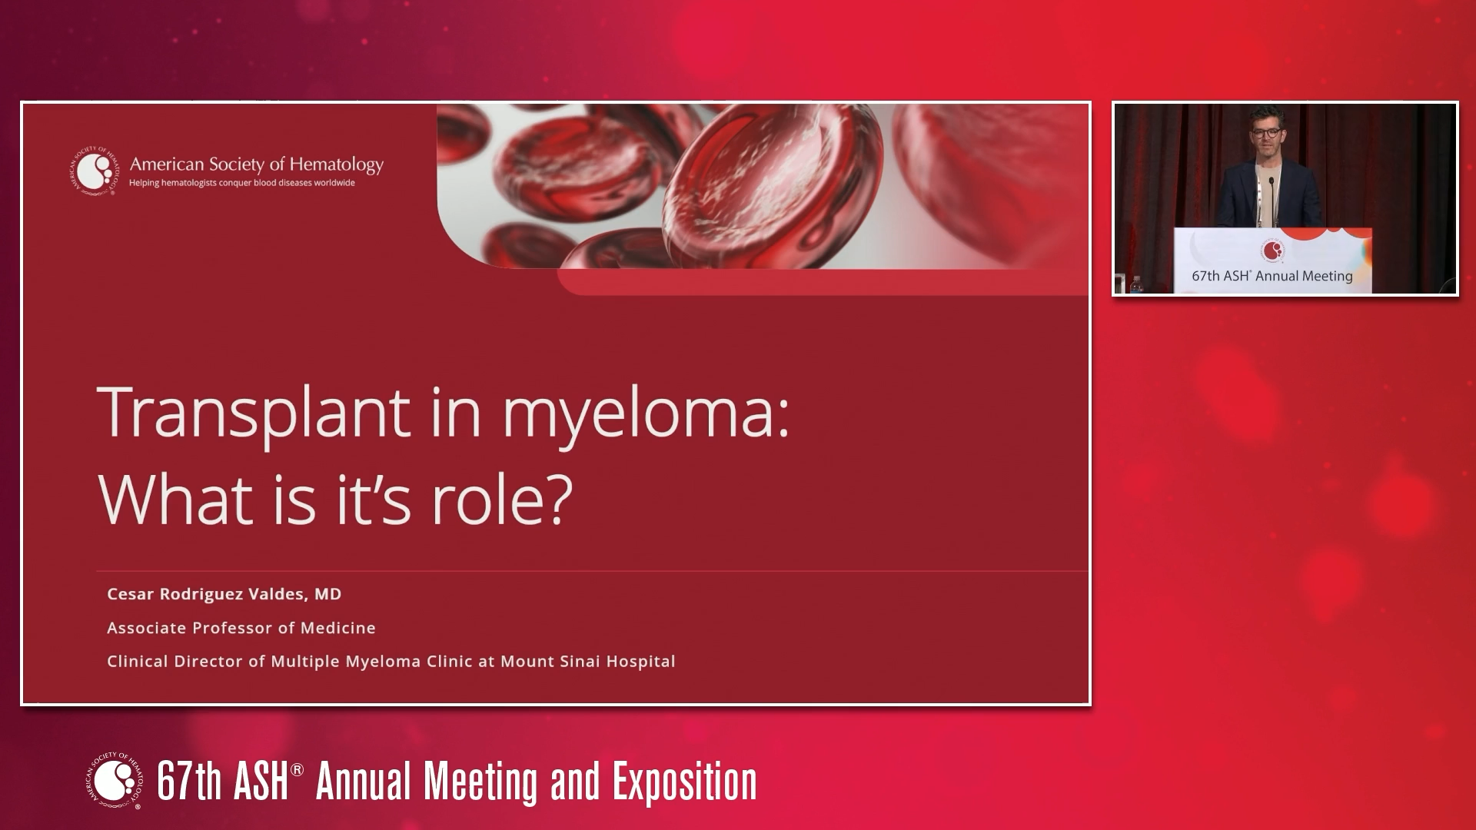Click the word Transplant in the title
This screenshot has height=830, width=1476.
[x=254, y=413]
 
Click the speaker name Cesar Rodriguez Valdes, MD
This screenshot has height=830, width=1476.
[x=224, y=594]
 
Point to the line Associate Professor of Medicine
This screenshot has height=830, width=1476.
[x=241, y=628]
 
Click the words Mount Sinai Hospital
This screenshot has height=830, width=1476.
[x=587, y=661]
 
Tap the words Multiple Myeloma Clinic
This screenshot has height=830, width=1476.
[x=371, y=661]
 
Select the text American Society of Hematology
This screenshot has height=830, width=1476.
[x=256, y=164]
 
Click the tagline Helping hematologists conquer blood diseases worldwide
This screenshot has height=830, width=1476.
[x=241, y=183]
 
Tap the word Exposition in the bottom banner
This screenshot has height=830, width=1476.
[x=684, y=782]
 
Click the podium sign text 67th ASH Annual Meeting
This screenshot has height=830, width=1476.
[x=1272, y=276]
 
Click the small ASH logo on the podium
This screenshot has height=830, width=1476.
[x=1272, y=251]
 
